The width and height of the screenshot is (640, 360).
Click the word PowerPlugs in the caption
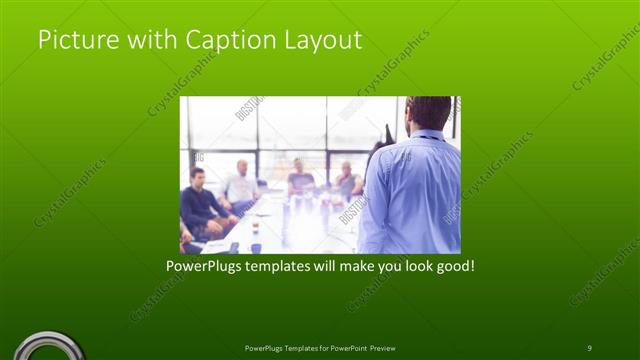(x=205, y=268)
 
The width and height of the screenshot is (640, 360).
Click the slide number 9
(x=589, y=347)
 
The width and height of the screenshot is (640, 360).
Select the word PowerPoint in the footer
(x=343, y=348)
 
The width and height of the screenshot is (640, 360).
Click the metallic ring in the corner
(x=45, y=346)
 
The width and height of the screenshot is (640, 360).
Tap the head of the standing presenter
(x=430, y=112)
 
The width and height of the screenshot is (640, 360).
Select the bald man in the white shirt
(x=241, y=184)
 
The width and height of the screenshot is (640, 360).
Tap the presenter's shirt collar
(x=427, y=135)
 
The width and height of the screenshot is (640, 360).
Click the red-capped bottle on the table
(x=255, y=227)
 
